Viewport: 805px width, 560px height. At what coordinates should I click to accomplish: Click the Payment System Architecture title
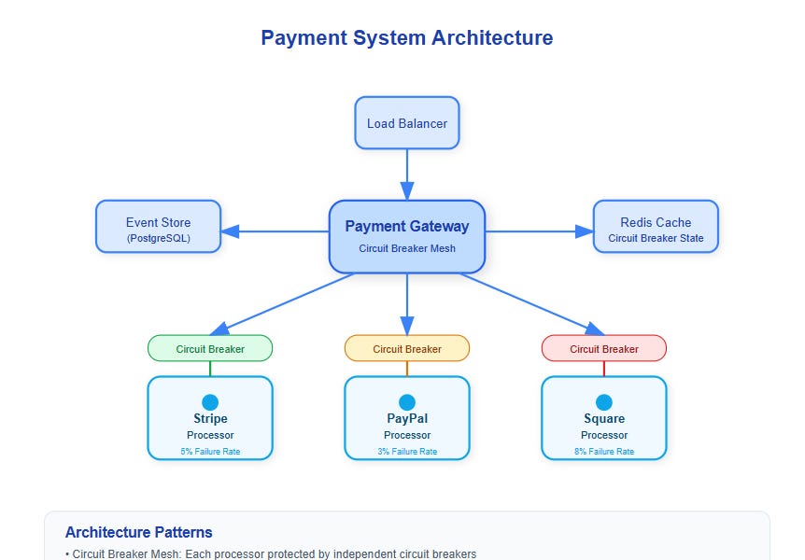coord(406,38)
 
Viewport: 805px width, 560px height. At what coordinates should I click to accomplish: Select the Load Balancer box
coord(406,123)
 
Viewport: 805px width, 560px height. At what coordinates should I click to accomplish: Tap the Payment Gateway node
coord(406,236)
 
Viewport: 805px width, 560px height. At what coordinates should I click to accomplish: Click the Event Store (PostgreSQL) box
coord(158,227)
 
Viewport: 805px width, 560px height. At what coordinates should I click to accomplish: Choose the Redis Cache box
coord(656,227)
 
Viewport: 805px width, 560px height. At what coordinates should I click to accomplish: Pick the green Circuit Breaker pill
coord(210,349)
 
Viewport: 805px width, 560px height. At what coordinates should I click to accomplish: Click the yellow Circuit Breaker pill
coord(406,349)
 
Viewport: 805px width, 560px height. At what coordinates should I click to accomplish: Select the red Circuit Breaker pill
coord(603,349)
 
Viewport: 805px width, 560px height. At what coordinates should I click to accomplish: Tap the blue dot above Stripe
coord(210,402)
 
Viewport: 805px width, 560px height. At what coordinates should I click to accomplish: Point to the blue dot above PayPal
coord(407,402)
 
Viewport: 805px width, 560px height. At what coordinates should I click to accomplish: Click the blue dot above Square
coord(604,402)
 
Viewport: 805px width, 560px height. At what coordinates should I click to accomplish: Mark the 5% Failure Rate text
coord(210,452)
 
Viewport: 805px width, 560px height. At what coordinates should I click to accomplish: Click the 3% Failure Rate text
coord(407,452)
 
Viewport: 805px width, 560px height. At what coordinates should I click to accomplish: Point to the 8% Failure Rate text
coord(604,452)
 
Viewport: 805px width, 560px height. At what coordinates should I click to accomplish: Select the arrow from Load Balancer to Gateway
coord(407,173)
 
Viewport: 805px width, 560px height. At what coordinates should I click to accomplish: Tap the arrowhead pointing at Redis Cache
coord(584,231)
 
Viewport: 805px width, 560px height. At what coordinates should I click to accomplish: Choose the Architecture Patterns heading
coord(138,532)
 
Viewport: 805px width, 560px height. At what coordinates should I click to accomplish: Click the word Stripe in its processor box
coord(210,419)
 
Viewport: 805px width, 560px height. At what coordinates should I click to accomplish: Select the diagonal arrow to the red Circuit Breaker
coord(528,301)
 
